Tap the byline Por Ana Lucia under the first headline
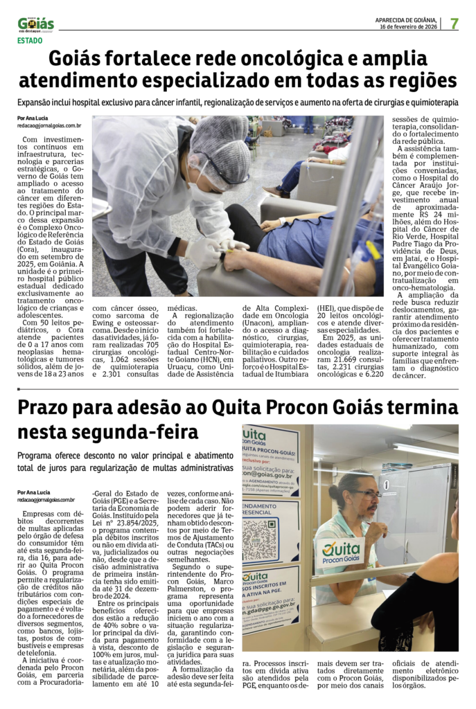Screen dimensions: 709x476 (x=33, y=118)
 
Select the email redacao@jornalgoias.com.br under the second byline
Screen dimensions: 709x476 (x=46, y=499)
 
